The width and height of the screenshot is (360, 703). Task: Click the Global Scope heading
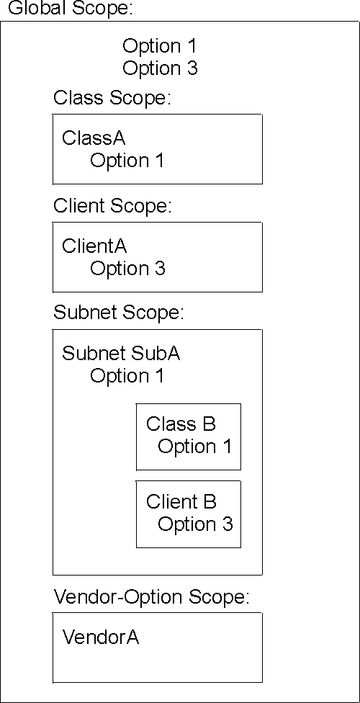[71, 9]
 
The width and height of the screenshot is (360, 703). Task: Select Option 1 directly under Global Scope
[159, 46]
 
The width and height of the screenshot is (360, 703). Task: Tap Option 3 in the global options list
[160, 68]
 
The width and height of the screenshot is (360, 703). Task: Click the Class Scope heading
[112, 98]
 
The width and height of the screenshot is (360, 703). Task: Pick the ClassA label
[94, 138]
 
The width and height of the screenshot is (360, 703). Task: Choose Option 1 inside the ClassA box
[127, 161]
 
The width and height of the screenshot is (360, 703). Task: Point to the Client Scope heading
[112, 206]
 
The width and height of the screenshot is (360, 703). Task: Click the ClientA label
[94, 246]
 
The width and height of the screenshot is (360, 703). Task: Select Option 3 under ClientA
[127, 269]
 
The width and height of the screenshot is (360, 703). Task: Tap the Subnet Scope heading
[119, 313]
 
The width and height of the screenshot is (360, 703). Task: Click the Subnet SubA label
[121, 354]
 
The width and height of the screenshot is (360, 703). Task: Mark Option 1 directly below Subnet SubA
[127, 376]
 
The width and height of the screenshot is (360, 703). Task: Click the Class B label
[181, 424]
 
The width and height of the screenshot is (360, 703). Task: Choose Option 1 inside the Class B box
[195, 447]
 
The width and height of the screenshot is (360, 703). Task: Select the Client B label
[181, 501]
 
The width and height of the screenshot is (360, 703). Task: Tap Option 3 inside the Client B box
[195, 524]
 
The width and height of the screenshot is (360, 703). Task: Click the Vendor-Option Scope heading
[151, 597]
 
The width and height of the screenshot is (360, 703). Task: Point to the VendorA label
[101, 637]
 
